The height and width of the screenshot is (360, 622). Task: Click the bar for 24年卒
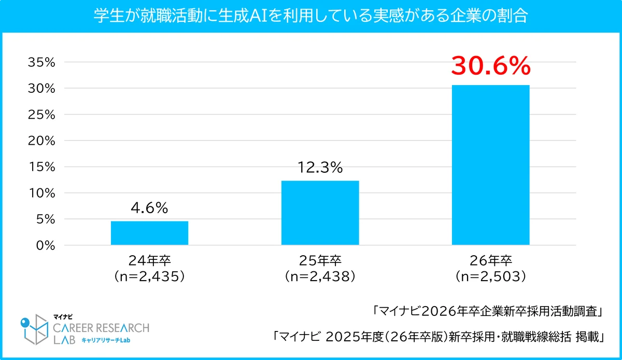click(x=149, y=233)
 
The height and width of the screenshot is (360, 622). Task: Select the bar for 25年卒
click(x=320, y=213)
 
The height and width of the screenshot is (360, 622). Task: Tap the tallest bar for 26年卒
click(x=490, y=165)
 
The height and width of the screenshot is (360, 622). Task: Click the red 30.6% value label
click(x=490, y=66)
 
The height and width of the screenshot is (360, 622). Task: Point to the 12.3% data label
click(x=320, y=168)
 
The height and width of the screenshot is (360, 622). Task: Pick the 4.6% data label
click(x=149, y=209)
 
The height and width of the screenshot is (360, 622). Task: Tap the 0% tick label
click(x=46, y=245)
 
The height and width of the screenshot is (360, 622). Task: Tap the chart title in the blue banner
click(x=311, y=17)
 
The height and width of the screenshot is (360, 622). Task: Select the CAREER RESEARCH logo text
click(x=102, y=328)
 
